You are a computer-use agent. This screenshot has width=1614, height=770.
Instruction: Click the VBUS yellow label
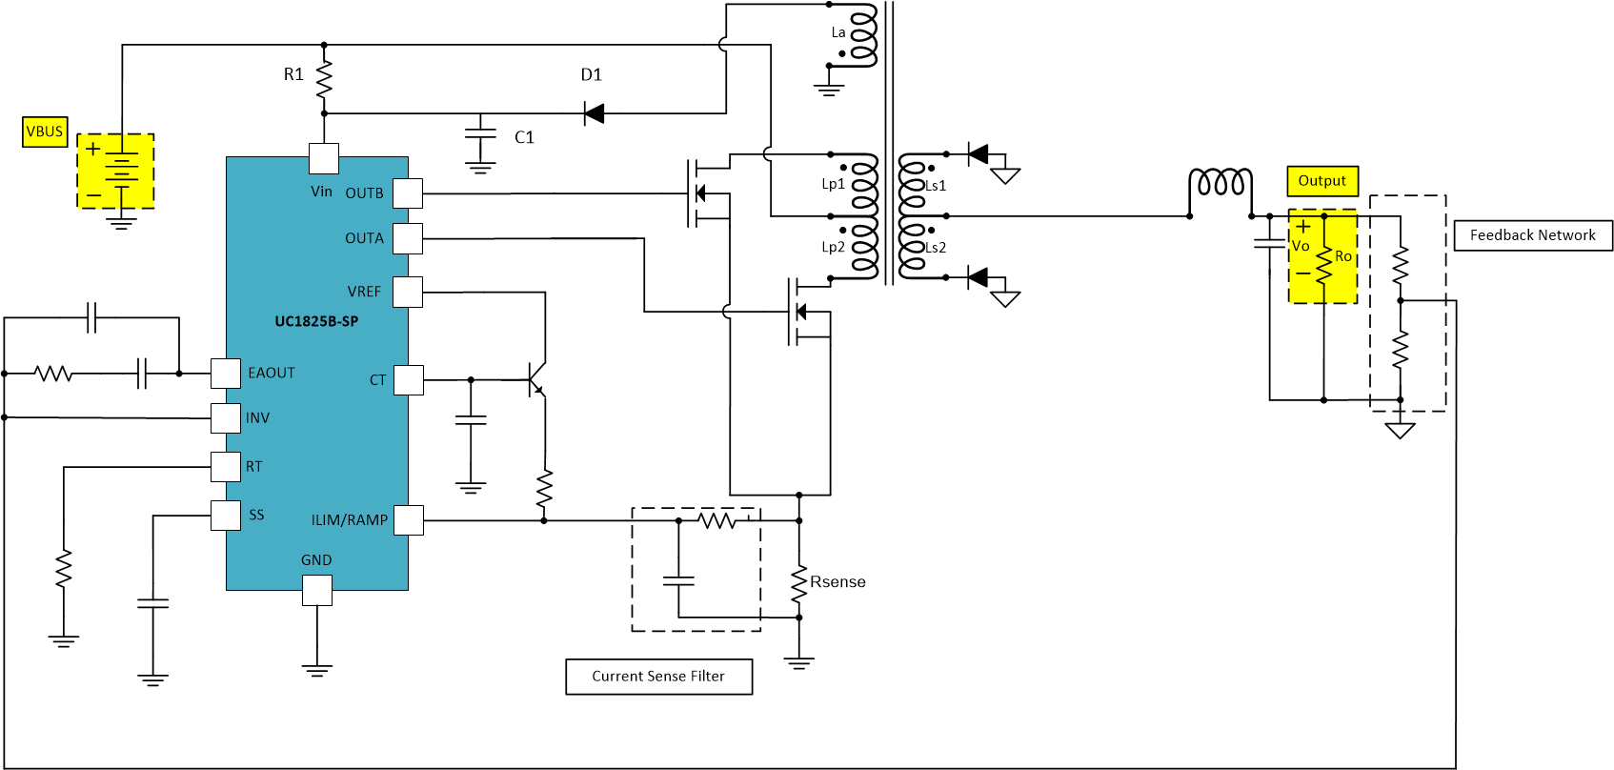tap(45, 132)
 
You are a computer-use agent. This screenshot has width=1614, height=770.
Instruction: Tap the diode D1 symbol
tap(595, 114)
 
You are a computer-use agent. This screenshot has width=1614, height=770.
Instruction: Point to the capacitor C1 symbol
tap(480, 136)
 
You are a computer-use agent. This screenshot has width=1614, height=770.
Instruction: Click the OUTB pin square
tap(408, 193)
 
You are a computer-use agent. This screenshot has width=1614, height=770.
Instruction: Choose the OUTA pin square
tap(408, 238)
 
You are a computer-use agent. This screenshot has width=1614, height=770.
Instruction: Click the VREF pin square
tap(408, 292)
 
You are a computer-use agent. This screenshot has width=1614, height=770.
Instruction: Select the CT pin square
tap(408, 380)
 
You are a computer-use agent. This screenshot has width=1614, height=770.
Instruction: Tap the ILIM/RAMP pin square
tap(408, 520)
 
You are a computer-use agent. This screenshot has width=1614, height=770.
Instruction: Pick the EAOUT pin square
tap(226, 374)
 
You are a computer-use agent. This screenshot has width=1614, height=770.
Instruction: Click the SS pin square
tap(226, 516)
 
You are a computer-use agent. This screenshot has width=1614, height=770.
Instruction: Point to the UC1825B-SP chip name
tap(316, 321)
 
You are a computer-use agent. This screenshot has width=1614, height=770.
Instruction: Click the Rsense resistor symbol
tap(799, 583)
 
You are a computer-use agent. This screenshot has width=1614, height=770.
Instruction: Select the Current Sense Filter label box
tap(658, 677)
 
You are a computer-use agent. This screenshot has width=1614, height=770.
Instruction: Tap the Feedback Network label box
tap(1532, 235)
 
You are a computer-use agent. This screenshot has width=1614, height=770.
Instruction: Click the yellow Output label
tap(1321, 181)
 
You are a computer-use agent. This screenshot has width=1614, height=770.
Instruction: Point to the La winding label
tap(838, 32)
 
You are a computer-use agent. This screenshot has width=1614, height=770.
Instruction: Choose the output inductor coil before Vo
tap(1221, 183)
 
